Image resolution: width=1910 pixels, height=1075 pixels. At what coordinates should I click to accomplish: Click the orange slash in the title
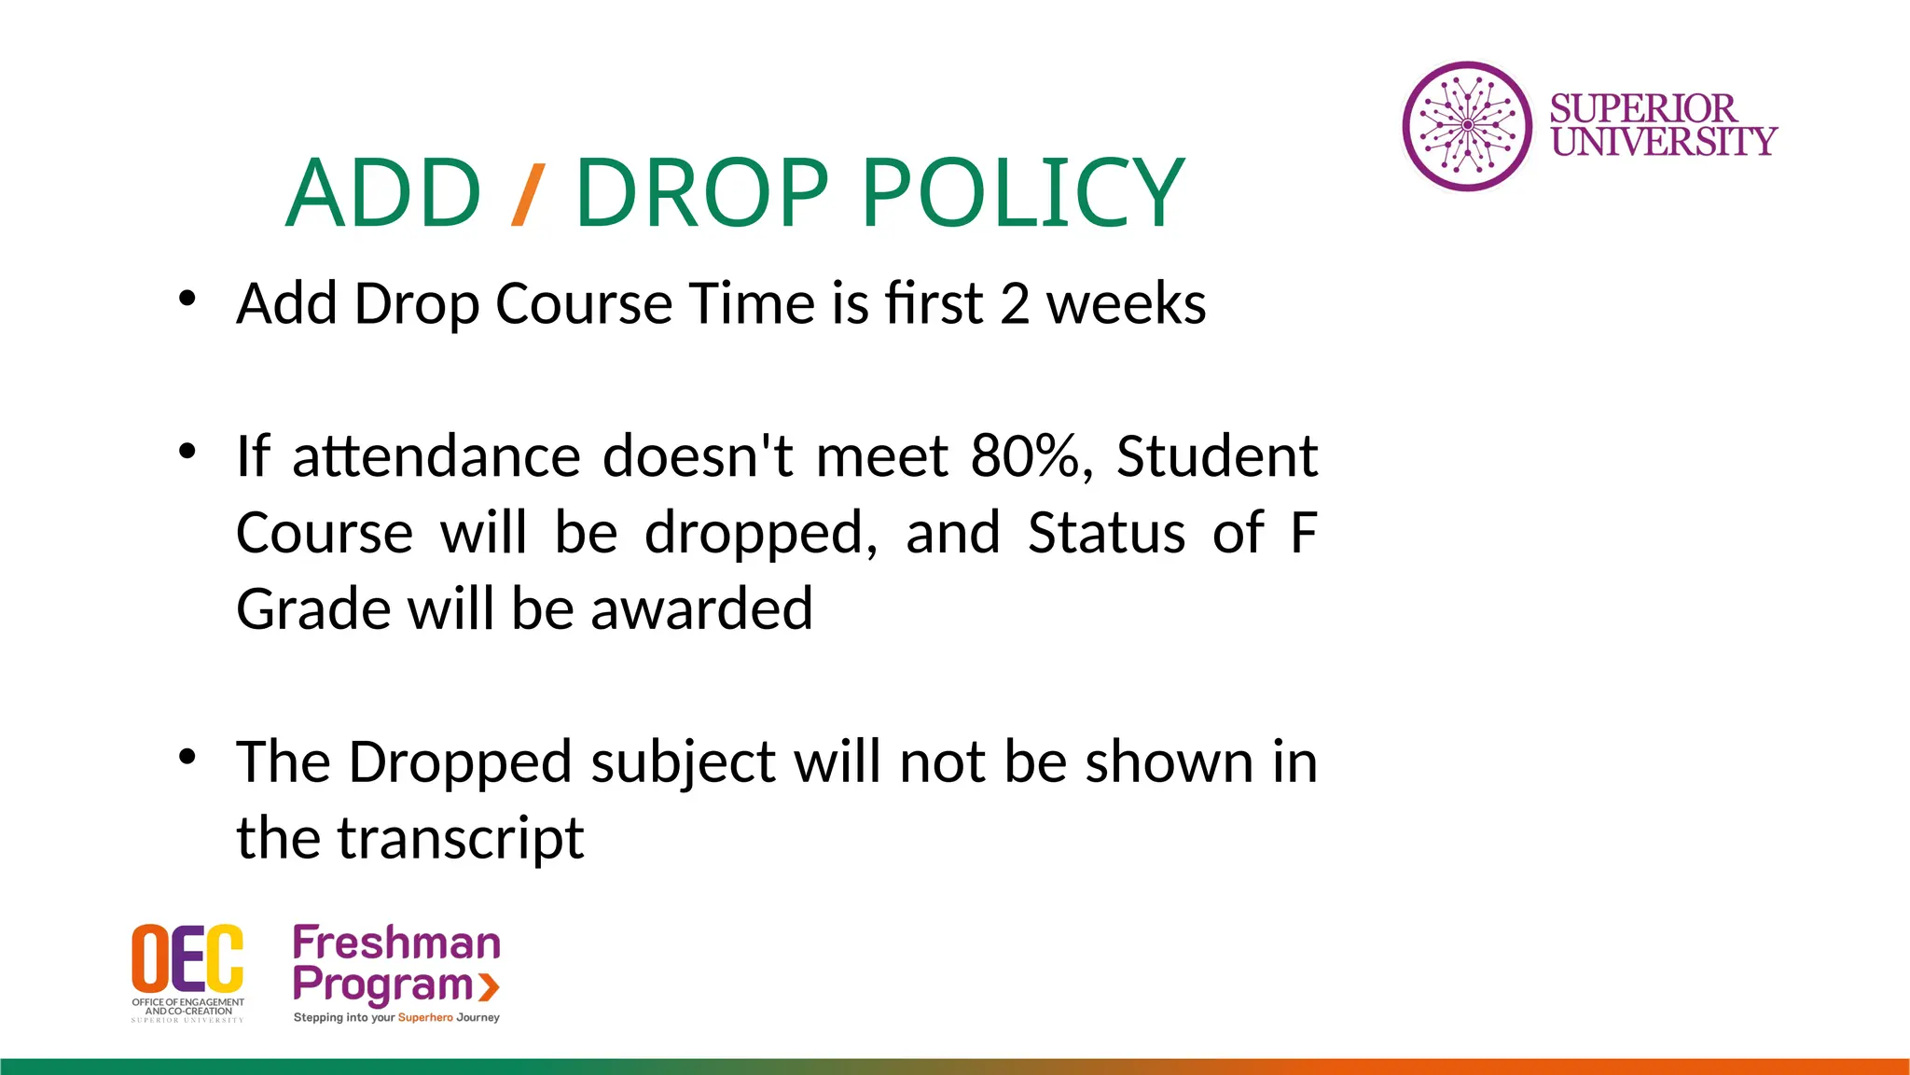[527, 194]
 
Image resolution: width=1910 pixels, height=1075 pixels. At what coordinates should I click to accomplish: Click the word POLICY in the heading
[1022, 193]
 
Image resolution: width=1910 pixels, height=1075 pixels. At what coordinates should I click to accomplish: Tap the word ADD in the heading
[383, 193]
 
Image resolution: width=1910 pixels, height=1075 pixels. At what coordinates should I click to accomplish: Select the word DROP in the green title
[701, 193]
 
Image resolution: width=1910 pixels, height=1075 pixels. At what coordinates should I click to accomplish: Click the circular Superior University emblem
[1467, 126]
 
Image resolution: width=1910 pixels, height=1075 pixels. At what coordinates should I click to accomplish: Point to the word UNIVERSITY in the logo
[1664, 142]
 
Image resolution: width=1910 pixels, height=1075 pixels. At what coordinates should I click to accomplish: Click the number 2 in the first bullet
[1015, 303]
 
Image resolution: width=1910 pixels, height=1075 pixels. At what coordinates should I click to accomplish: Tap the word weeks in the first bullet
[1126, 303]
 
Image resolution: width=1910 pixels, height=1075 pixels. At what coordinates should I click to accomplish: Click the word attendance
[436, 456]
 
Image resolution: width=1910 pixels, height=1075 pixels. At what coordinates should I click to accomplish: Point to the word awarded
[701, 609]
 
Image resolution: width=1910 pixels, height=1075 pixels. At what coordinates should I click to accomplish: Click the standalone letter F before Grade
[1304, 533]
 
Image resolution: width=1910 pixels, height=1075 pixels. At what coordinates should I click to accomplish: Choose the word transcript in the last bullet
[462, 838]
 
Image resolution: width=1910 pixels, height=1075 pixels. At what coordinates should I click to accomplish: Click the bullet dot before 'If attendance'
[187, 452]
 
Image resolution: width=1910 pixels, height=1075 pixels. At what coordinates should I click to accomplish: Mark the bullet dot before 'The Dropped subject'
[187, 757]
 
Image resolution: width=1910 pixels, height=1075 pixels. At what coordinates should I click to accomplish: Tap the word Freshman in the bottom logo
[396, 942]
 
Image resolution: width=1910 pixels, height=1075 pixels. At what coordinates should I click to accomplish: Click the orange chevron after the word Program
[489, 985]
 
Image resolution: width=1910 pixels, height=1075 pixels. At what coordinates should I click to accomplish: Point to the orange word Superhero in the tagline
[425, 1017]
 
